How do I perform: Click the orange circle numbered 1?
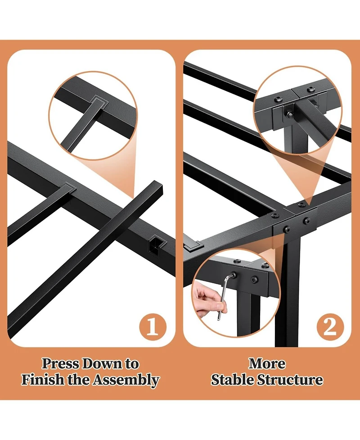(x=152, y=327)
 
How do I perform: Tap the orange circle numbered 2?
(x=330, y=327)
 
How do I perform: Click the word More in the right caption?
(x=267, y=363)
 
